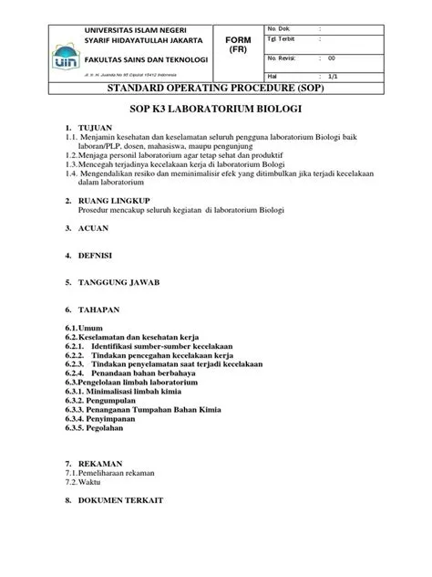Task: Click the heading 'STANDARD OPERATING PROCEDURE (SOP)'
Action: (216, 89)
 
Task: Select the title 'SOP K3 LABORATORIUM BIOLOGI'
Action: (216, 109)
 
